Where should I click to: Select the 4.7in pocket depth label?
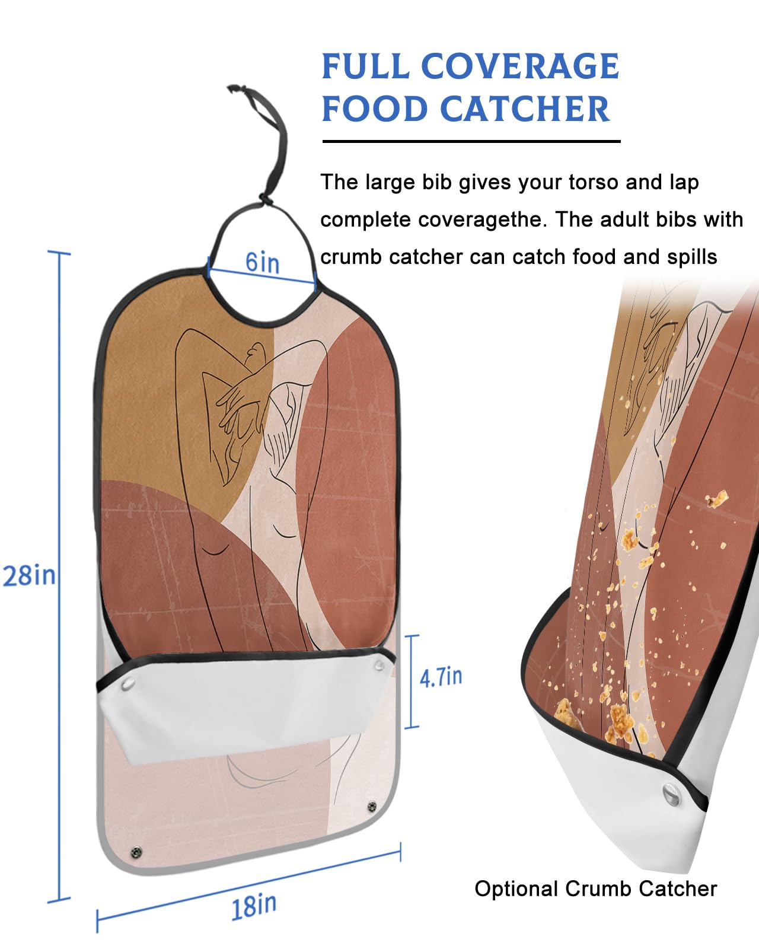pyautogui.click(x=441, y=677)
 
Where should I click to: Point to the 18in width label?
pyautogui.click(x=254, y=906)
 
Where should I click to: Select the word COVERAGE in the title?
pyautogui.click(x=520, y=66)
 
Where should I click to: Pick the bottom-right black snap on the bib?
pyautogui.click(x=372, y=807)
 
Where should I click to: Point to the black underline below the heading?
pyautogui.click(x=471, y=141)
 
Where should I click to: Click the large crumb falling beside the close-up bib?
pyautogui.click(x=717, y=499)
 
